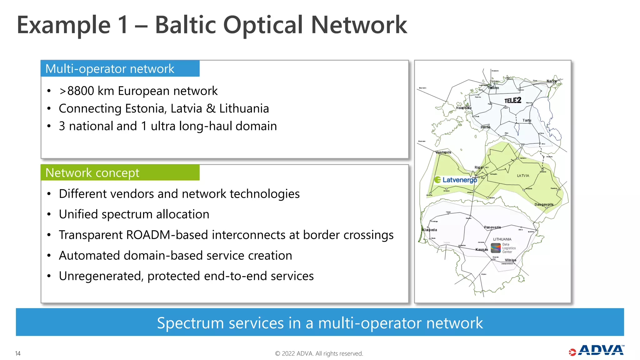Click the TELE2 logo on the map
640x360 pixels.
point(512,100)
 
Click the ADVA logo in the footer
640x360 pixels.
point(597,351)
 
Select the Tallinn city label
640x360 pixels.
point(494,88)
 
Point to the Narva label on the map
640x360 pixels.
point(551,81)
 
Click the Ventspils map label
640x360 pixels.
point(443,152)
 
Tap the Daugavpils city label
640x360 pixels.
point(544,205)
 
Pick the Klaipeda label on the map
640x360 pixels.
point(430,230)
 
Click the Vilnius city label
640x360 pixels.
point(510,260)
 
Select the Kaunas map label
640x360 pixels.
point(482,250)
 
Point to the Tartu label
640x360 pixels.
point(527,120)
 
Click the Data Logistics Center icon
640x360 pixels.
point(496,248)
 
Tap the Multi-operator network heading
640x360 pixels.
point(110,69)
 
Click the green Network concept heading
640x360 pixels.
point(92,173)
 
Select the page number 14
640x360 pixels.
point(18,353)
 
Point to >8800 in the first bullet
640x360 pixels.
point(77,91)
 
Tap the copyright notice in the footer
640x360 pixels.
point(319,353)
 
